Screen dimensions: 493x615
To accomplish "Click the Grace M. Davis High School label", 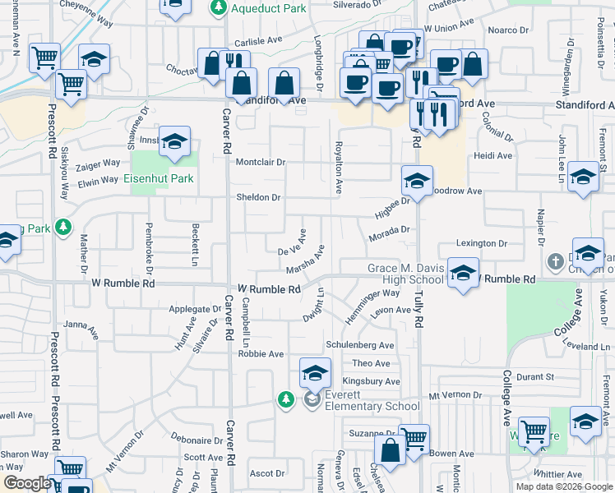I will pyautogui.click(x=406, y=274).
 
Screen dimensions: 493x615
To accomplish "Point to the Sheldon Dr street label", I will pyautogui.click(x=258, y=197).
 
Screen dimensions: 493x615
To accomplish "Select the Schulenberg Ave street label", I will pyautogui.click(x=359, y=345).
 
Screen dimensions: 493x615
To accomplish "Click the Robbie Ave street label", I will pyautogui.click(x=261, y=354).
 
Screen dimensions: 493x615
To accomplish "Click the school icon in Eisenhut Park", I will pyautogui.click(x=173, y=143).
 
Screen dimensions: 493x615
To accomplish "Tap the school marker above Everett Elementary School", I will pyautogui.click(x=315, y=375).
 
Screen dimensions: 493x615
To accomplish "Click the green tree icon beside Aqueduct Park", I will pyautogui.click(x=218, y=8).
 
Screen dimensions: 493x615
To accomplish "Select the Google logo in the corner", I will pyautogui.click(x=26, y=483).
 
